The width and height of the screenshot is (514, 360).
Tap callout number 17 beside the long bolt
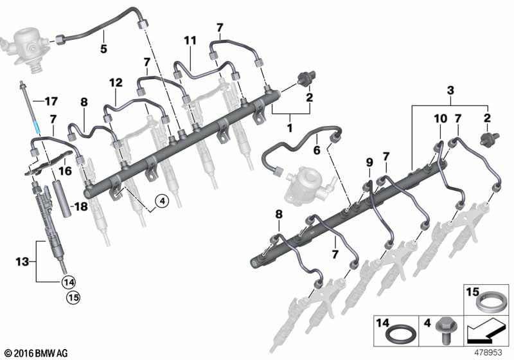pos(51,100)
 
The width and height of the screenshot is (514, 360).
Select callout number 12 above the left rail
pos(115,83)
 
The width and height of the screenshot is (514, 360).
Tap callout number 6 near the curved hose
pos(316,150)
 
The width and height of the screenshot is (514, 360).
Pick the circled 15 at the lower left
pos(69,298)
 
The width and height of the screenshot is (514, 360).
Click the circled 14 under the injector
pos(69,281)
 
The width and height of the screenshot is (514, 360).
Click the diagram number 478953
pos(489,352)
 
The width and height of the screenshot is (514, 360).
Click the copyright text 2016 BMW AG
pos(36,352)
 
